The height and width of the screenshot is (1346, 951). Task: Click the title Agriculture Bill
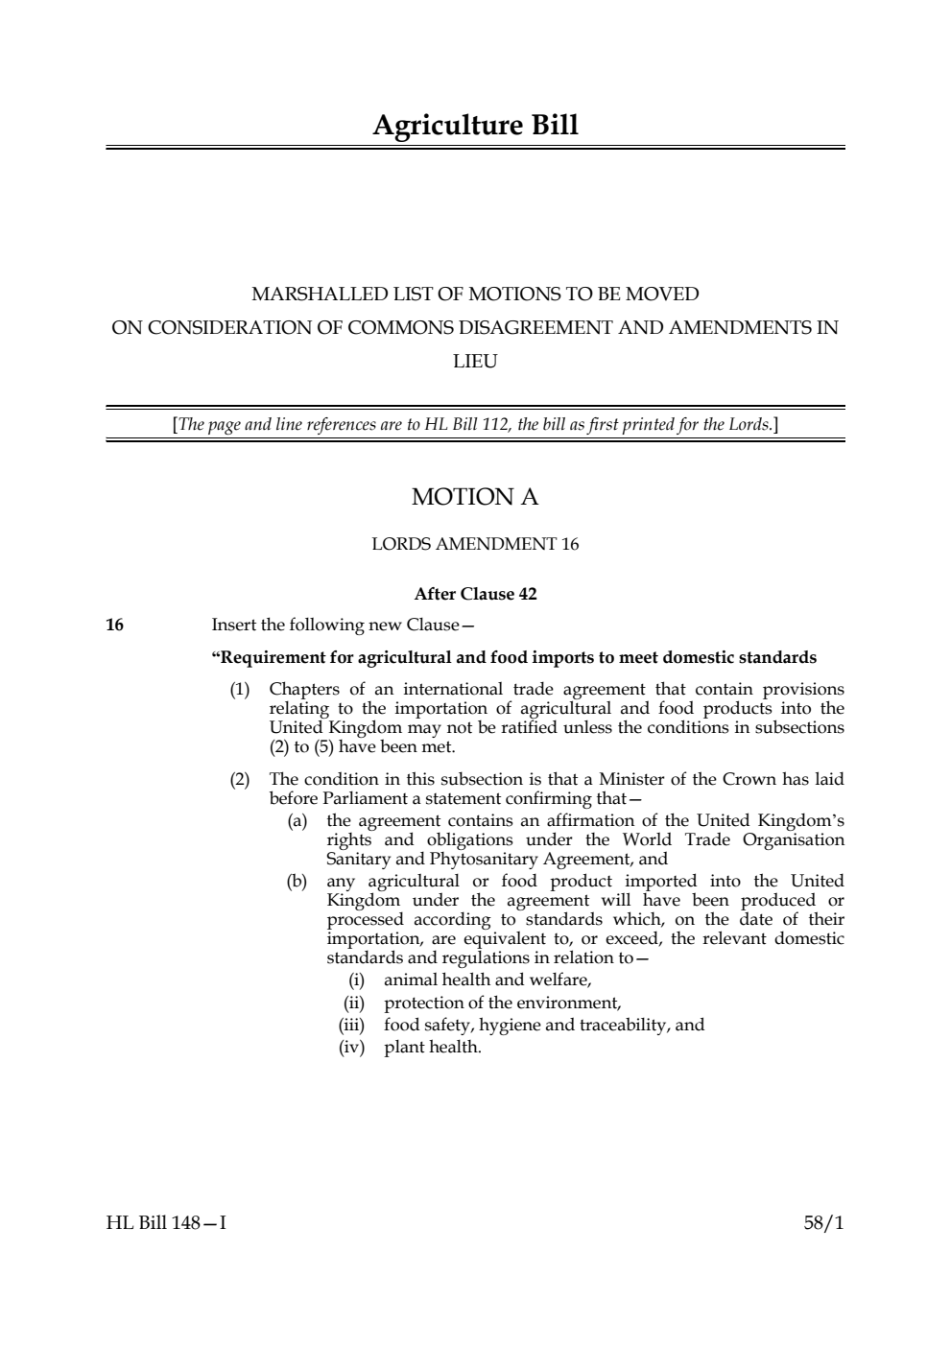pyautogui.click(x=475, y=126)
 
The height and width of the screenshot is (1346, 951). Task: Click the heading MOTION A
pyautogui.click(x=475, y=497)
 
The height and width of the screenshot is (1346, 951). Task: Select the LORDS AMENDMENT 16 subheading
pyautogui.click(x=475, y=545)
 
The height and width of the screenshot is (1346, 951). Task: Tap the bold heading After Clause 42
pyautogui.click(x=475, y=594)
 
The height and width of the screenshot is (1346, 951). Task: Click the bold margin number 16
pyautogui.click(x=114, y=626)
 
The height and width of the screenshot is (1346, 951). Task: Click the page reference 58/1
pyautogui.click(x=823, y=1223)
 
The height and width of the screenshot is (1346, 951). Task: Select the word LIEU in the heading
pyautogui.click(x=475, y=362)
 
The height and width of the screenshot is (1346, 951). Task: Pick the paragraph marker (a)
pyautogui.click(x=297, y=821)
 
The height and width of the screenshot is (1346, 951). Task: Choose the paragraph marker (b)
pyautogui.click(x=297, y=882)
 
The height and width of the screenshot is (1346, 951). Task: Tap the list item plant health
pyautogui.click(x=433, y=1048)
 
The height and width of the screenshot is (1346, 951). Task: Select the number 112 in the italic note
pyautogui.click(x=493, y=424)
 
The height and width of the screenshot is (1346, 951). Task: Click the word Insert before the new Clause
pyautogui.click(x=234, y=626)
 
